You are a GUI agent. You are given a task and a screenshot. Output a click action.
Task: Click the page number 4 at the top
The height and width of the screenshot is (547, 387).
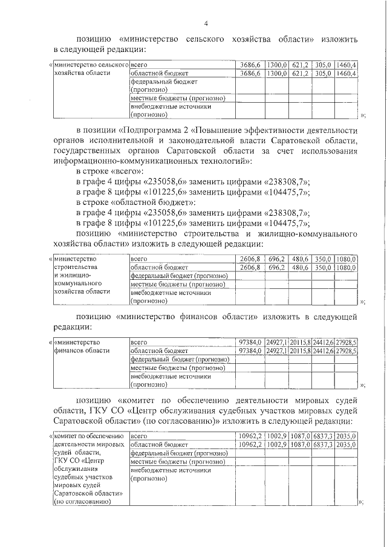(206, 24)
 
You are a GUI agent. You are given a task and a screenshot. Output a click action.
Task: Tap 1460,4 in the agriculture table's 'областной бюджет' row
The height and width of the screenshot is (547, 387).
(347, 73)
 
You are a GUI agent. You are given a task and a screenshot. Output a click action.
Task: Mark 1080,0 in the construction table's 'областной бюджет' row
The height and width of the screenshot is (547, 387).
(346, 267)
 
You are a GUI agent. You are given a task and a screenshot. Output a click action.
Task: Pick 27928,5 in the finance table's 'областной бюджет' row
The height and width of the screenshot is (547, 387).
(347, 351)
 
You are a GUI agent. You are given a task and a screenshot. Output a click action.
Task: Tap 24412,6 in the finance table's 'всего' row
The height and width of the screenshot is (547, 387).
(324, 341)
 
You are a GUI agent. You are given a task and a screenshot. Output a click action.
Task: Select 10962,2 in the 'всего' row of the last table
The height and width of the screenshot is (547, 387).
(250, 435)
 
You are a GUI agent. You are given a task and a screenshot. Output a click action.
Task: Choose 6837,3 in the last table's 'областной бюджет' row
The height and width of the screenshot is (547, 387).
(324, 444)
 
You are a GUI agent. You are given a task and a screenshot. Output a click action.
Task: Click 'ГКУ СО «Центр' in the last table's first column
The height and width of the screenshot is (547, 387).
(77, 462)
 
